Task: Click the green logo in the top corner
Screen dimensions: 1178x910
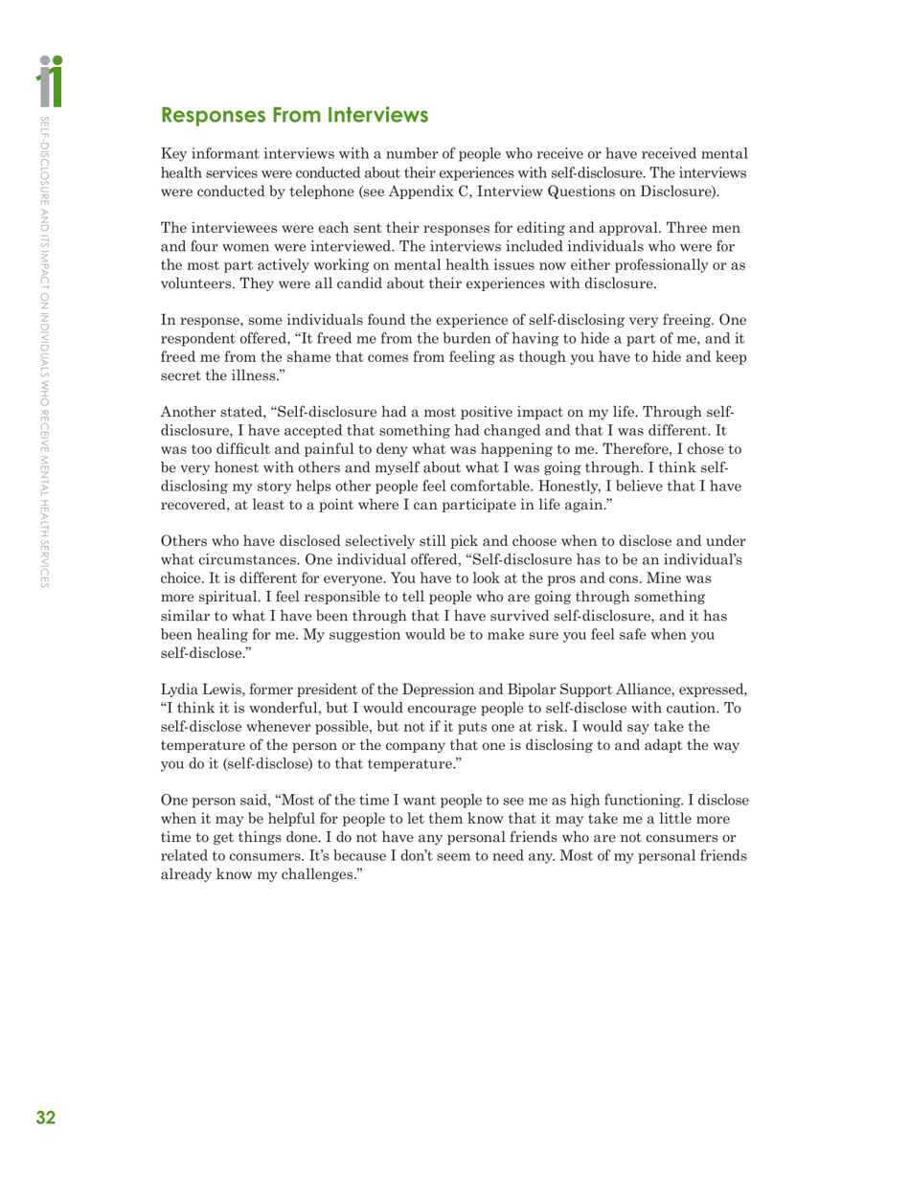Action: (x=51, y=80)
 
